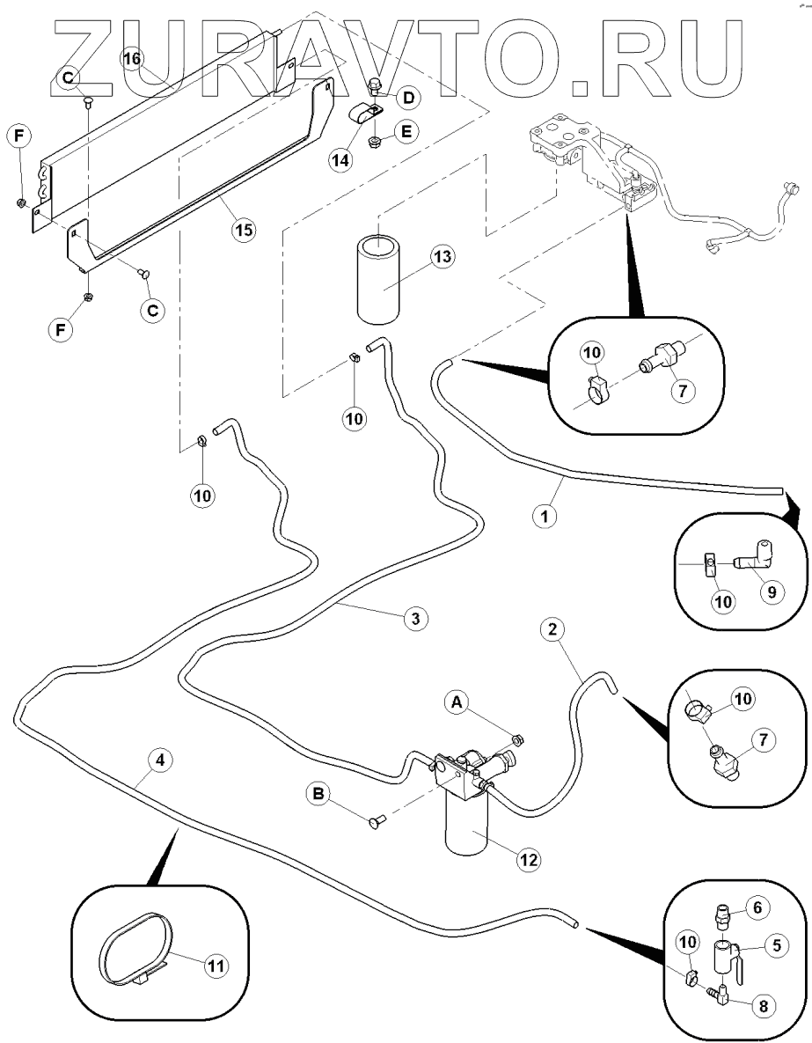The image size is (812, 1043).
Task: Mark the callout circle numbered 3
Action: point(417,618)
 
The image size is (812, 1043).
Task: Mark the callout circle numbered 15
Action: point(243,231)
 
